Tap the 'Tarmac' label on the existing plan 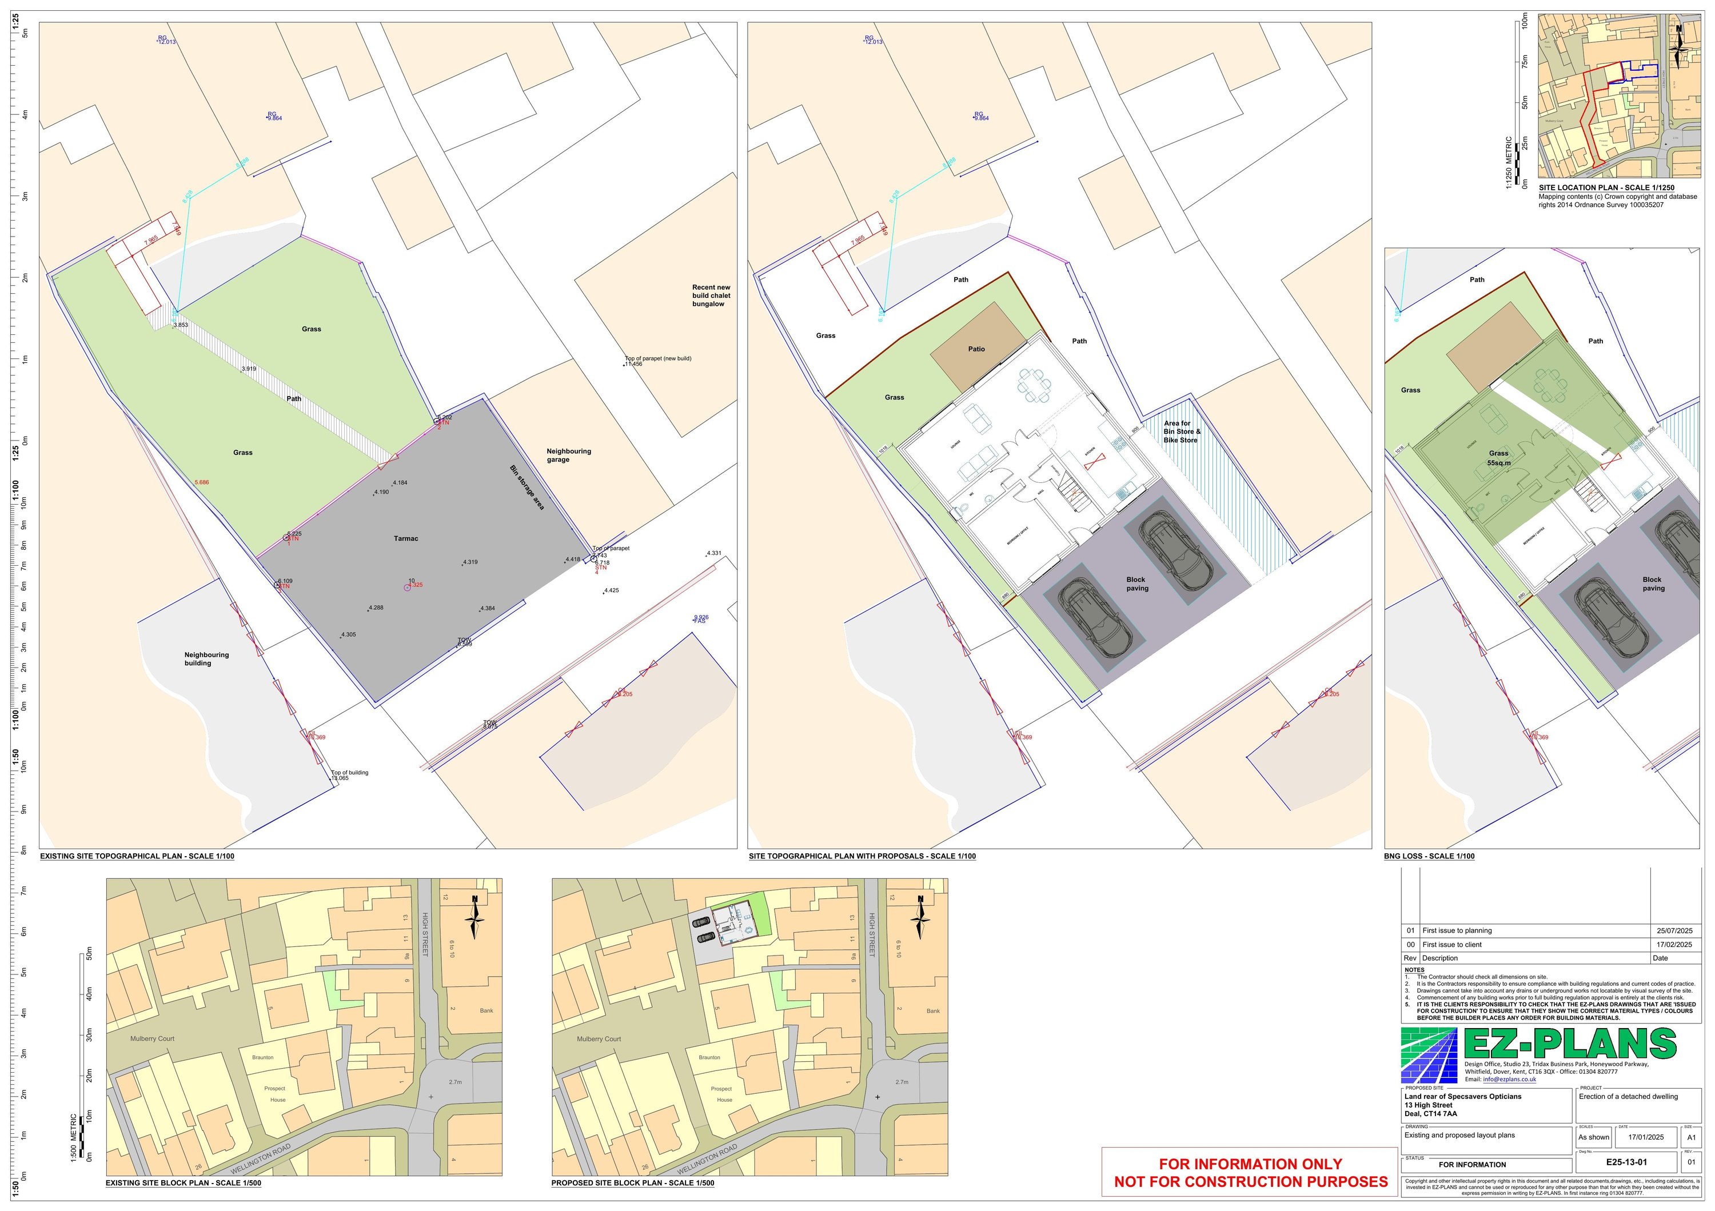tap(405, 538)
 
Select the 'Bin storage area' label tap(527, 487)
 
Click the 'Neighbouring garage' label tap(568, 455)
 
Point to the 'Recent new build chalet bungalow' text tap(711, 295)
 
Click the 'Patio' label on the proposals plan tap(976, 349)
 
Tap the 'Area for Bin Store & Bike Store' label tap(1182, 431)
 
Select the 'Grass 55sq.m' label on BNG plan tap(1498, 458)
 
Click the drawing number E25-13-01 tap(1626, 1162)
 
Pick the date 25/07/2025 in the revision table tap(1674, 930)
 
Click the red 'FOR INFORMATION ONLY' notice tap(1250, 1164)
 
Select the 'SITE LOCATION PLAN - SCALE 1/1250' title tap(1606, 188)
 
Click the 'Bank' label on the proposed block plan tap(933, 1011)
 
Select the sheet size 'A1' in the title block tap(1691, 1137)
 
